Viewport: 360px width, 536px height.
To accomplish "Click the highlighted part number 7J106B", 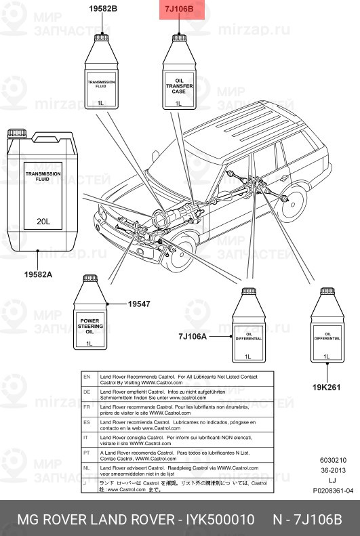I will (180, 9).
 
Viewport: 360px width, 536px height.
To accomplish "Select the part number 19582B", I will (103, 9).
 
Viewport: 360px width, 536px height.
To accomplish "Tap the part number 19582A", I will (38, 274).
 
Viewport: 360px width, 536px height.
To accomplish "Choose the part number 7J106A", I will (193, 336).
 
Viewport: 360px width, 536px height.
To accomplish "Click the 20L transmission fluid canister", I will (43, 190).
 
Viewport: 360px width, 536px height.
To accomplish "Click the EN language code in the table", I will (86, 376).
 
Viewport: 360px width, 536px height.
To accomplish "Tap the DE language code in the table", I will (86, 392).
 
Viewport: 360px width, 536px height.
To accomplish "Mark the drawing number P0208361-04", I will (333, 491).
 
